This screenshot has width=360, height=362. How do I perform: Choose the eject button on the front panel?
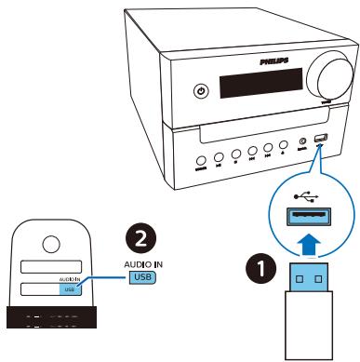click(282, 145)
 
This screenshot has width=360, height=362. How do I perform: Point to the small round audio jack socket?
click(301, 142)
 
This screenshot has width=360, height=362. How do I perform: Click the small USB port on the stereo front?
click(320, 141)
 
